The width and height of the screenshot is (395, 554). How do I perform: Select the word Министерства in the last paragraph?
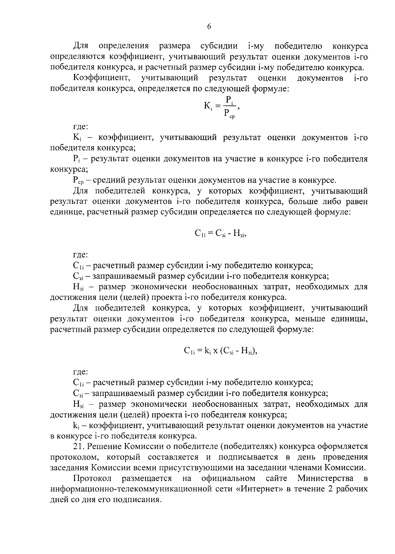pos(326,478)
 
